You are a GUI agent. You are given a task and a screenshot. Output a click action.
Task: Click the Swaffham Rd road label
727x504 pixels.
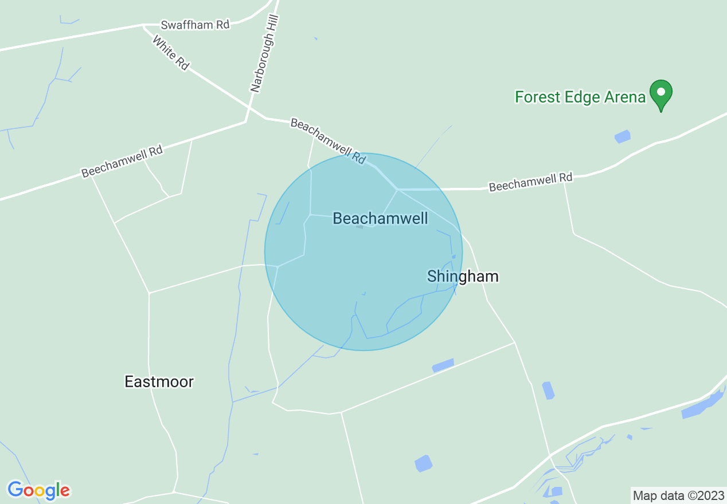click(x=195, y=25)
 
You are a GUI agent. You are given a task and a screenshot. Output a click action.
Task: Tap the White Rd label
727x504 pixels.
click(x=170, y=53)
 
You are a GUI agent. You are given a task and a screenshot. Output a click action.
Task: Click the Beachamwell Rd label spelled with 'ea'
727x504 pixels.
click(x=327, y=141)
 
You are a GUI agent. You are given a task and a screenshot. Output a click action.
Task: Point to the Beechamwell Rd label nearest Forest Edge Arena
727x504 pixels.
click(x=530, y=183)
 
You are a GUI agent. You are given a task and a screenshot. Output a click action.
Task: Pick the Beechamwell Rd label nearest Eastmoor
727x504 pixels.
click(x=122, y=161)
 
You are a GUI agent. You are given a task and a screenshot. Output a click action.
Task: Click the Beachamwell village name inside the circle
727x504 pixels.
click(x=380, y=218)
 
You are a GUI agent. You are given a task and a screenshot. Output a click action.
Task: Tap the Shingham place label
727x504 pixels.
click(x=463, y=277)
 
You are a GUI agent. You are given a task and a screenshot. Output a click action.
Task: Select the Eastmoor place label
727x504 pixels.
click(x=159, y=381)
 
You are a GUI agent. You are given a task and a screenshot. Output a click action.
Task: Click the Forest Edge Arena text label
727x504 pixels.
click(x=580, y=97)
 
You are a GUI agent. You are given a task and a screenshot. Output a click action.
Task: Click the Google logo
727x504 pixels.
click(x=38, y=490)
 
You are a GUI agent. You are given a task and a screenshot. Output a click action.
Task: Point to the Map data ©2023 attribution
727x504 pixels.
click(x=678, y=495)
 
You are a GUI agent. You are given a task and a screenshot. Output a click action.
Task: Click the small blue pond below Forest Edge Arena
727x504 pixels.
click(x=622, y=136)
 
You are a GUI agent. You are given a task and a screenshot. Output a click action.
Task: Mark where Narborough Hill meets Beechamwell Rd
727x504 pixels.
click(x=246, y=121)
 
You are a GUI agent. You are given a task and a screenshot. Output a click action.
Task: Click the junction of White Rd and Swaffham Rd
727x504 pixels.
click(x=143, y=25)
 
